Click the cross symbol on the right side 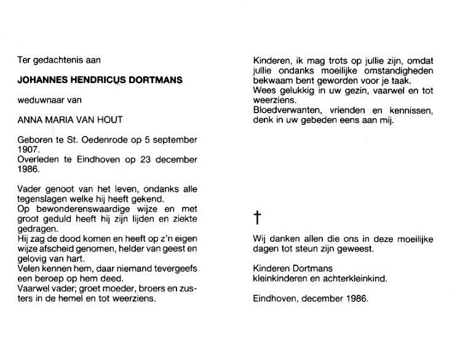(258, 217)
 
